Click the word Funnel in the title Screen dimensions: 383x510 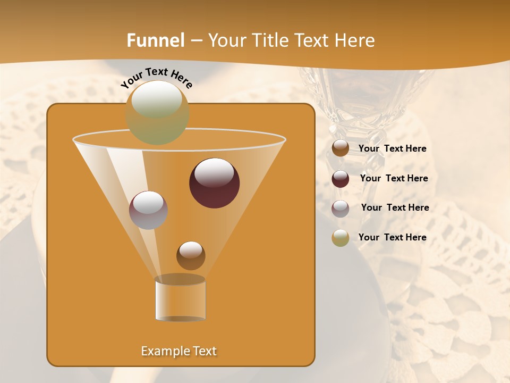155,40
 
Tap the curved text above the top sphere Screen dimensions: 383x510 156,78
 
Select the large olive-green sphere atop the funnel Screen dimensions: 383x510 157,113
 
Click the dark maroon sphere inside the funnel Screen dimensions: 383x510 215,184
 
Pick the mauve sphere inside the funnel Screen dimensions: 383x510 148,210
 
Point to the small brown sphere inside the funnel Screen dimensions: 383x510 191,256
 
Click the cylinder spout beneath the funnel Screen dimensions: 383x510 180,298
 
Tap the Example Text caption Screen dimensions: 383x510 179,351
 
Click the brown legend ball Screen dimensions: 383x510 341,148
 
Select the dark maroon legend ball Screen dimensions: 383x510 341,179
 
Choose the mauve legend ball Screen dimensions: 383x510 341,209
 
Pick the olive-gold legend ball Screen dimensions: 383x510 341,238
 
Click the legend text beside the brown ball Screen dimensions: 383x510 392,149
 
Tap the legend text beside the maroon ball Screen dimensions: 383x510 394,179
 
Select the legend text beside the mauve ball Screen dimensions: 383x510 395,208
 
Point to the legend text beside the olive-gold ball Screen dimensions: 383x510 392,238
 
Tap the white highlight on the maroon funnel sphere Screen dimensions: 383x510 215,173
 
